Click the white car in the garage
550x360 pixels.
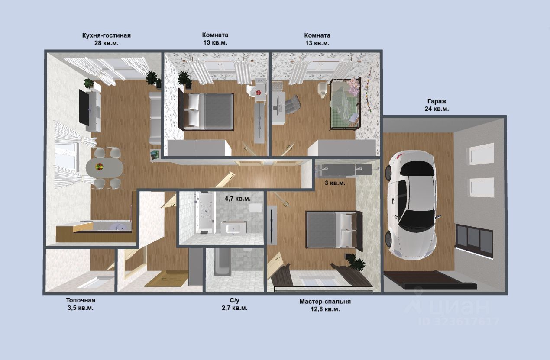point(411,205)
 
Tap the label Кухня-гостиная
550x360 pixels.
point(106,35)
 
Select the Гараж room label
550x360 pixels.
point(437,101)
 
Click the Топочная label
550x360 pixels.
point(81,300)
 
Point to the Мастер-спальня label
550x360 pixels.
point(325,301)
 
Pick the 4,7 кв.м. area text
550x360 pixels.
point(237,199)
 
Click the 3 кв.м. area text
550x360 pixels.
point(335,183)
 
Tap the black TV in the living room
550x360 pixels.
point(84,107)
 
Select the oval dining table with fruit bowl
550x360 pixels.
point(104,167)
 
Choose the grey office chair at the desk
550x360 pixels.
point(292,105)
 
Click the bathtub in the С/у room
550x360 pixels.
point(223,261)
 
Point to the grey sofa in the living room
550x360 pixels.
point(155,118)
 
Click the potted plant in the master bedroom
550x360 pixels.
point(356,263)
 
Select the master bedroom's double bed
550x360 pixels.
point(334,229)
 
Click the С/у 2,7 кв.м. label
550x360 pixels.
point(234,304)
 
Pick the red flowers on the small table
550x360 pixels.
point(258,92)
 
